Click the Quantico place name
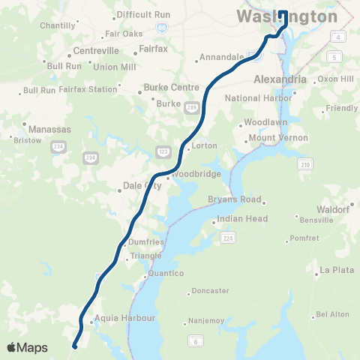point(166,273)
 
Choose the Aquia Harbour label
point(124,318)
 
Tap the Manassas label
point(49,129)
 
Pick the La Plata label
point(336,270)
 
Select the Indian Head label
point(241,219)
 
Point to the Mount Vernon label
point(278,138)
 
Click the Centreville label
point(97,51)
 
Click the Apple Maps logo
point(28,347)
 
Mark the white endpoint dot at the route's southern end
point(75,346)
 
